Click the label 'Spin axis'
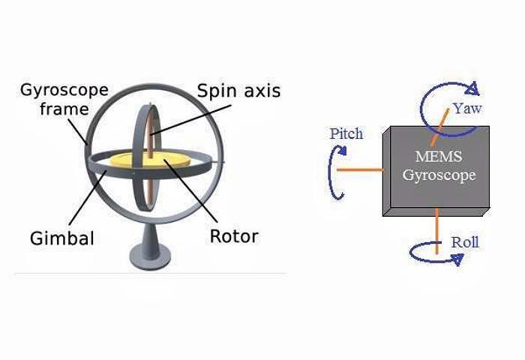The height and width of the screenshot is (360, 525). pyautogui.click(x=238, y=91)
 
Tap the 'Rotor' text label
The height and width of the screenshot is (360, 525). pyautogui.click(x=234, y=236)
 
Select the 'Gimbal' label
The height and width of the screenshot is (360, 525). pyautogui.click(x=62, y=238)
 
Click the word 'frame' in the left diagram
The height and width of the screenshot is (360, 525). pyautogui.click(x=64, y=109)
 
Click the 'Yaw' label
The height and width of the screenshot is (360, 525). pyautogui.click(x=466, y=109)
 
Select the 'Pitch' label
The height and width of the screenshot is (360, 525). pyautogui.click(x=346, y=133)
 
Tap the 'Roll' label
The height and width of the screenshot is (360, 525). pyautogui.click(x=464, y=241)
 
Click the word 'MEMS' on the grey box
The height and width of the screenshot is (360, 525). pyautogui.click(x=437, y=158)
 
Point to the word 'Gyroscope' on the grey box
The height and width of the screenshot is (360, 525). pyautogui.click(x=439, y=175)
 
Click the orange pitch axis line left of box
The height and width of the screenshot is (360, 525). pyautogui.click(x=360, y=169)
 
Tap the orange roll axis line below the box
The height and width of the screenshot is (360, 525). pyautogui.click(x=436, y=229)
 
